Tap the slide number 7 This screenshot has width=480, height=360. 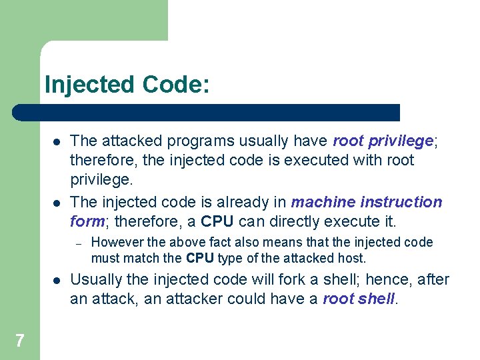19,341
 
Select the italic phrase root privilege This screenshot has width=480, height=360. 383,141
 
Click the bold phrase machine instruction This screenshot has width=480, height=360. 367,202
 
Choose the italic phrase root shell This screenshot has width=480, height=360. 359,299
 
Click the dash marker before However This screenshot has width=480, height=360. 77,243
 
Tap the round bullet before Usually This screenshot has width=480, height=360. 58,280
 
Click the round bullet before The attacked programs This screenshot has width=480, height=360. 58,141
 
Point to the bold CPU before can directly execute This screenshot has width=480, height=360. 217,221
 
